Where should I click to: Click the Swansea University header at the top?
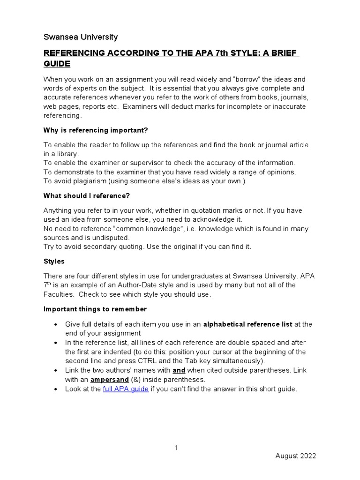click(x=81, y=37)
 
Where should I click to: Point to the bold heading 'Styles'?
click(x=54, y=261)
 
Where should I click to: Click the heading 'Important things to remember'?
click(x=95, y=309)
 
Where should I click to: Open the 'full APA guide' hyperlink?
click(x=126, y=389)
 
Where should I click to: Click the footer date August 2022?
click(x=295, y=456)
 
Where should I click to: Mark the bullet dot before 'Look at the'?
click(x=56, y=390)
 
